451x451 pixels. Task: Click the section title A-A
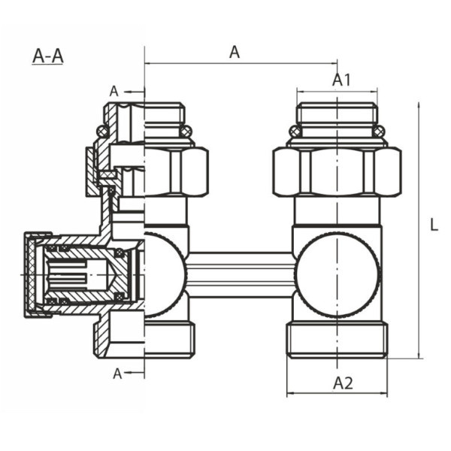[47, 57]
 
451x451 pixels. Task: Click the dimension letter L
[434, 224]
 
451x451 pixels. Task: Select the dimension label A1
[342, 80]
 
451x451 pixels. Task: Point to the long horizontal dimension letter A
[235, 52]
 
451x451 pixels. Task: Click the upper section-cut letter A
[114, 91]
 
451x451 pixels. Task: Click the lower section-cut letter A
[117, 373]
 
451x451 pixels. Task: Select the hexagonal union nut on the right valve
[336, 172]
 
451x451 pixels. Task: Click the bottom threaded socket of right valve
[335, 340]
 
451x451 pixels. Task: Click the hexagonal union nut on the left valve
[176, 172]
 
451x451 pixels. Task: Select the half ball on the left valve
[164, 273]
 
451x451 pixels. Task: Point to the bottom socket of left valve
[168, 340]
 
